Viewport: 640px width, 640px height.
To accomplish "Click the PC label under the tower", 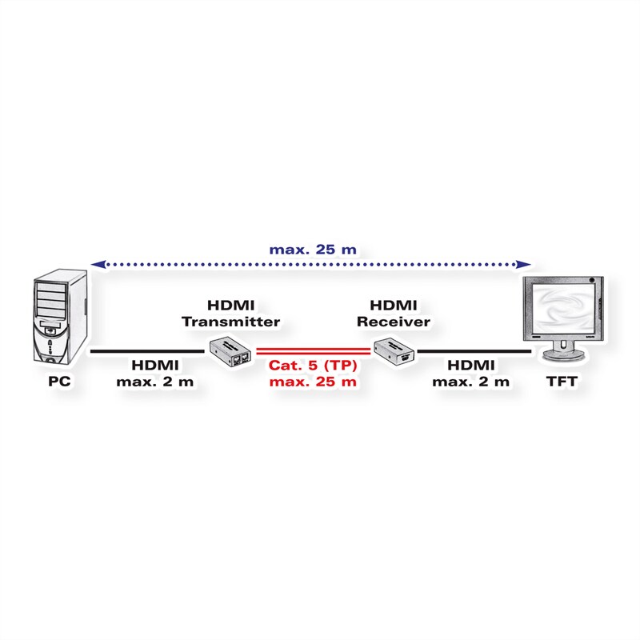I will (x=59, y=382).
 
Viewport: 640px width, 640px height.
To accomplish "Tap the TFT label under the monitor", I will (x=558, y=382).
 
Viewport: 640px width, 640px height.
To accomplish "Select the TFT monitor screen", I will (x=558, y=308).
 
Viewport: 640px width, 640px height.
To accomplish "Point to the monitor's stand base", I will (x=558, y=354).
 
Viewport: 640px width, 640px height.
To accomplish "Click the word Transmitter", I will (x=230, y=322).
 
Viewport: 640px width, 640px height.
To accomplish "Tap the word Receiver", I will (x=394, y=322).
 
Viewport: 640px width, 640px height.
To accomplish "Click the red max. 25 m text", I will (x=313, y=382).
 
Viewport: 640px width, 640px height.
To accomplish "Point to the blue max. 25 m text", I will (x=313, y=249).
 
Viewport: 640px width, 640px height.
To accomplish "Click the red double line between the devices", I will (x=314, y=350).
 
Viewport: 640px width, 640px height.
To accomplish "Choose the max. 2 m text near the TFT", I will (x=471, y=382).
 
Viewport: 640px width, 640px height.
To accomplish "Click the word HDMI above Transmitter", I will (x=230, y=306).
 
